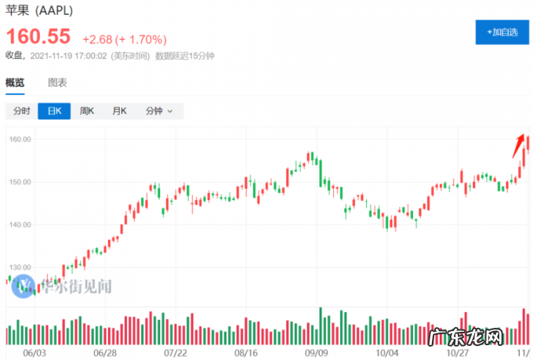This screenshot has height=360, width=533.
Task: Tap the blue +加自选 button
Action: point(501,32)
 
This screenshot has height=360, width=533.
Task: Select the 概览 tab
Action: point(15,82)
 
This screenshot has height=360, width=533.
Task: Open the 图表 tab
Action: point(57,82)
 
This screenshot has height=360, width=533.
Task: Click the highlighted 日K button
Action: point(54,111)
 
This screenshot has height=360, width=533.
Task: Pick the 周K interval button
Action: point(86,111)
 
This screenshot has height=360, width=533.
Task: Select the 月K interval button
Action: point(119,111)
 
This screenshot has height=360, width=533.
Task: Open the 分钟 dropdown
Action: point(158,111)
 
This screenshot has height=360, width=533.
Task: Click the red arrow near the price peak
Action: point(519,145)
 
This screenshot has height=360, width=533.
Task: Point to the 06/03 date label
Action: point(34,353)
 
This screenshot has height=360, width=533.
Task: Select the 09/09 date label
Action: point(317,353)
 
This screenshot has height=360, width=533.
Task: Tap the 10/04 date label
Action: point(386,353)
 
